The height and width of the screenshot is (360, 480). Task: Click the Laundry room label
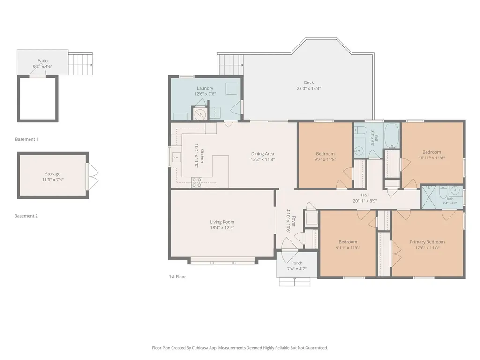(205, 88)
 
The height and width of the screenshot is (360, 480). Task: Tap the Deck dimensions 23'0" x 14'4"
(308, 89)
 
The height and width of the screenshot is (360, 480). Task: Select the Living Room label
(222, 222)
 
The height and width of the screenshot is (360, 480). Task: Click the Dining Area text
(262, 154)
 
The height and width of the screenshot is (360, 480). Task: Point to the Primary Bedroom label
(427, 242)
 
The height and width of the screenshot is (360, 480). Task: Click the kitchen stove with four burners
(196, 182)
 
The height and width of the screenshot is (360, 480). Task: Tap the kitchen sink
(176, 157)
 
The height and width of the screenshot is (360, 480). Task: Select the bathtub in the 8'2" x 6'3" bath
(391, 135)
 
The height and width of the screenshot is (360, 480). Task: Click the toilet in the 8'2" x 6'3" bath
(360, 130)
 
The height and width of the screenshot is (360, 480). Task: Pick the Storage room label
(52, 174)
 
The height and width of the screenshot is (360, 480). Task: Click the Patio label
(43, 61)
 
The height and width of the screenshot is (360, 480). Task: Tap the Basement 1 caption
(27, 139)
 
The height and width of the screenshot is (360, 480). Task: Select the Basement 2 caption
(26, 216)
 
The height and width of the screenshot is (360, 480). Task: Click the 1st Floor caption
(177, 277)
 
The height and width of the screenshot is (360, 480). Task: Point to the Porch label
(297, 263)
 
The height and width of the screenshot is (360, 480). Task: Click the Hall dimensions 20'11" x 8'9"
(365, 201)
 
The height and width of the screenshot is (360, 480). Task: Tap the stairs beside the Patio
(80, 64)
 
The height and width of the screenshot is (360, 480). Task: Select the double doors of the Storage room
(93, 175)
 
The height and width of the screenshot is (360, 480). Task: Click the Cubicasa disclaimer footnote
(240, 348)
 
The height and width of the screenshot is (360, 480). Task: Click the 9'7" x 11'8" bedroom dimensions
(325, 159)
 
